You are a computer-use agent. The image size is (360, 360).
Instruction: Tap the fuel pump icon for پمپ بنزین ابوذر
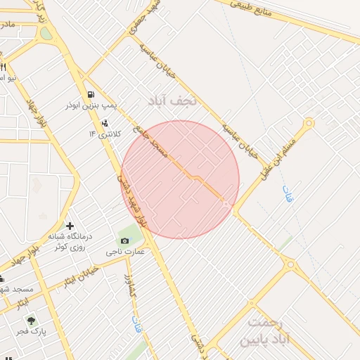[x=91, y=94]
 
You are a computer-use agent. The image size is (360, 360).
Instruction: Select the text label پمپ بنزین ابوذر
[x=91, y=106]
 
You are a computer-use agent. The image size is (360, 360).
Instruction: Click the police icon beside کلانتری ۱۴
[x=105, y=122]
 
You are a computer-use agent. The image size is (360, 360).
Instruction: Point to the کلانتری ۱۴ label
[x=105, y=134]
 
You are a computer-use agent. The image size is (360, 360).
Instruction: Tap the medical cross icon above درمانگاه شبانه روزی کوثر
[x=70, y=226]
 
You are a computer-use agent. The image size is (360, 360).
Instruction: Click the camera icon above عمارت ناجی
[x=125, y=241]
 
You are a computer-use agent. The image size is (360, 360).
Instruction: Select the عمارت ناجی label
[x=125, y=251]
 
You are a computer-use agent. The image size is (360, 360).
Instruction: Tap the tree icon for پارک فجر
[x=31, y=320]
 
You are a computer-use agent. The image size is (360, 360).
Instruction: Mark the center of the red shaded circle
[x=180, y=180]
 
